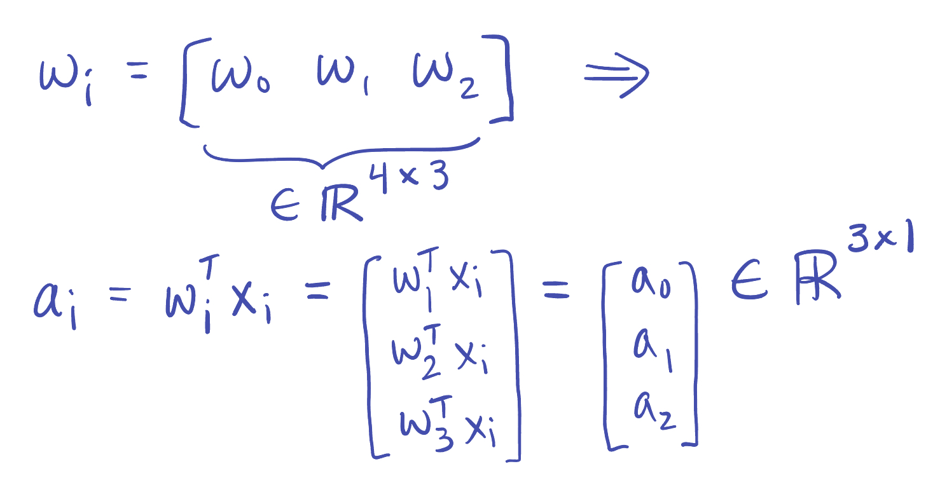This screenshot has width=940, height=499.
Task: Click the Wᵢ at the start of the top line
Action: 64,79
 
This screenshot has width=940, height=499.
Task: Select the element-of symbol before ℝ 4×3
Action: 286,207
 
